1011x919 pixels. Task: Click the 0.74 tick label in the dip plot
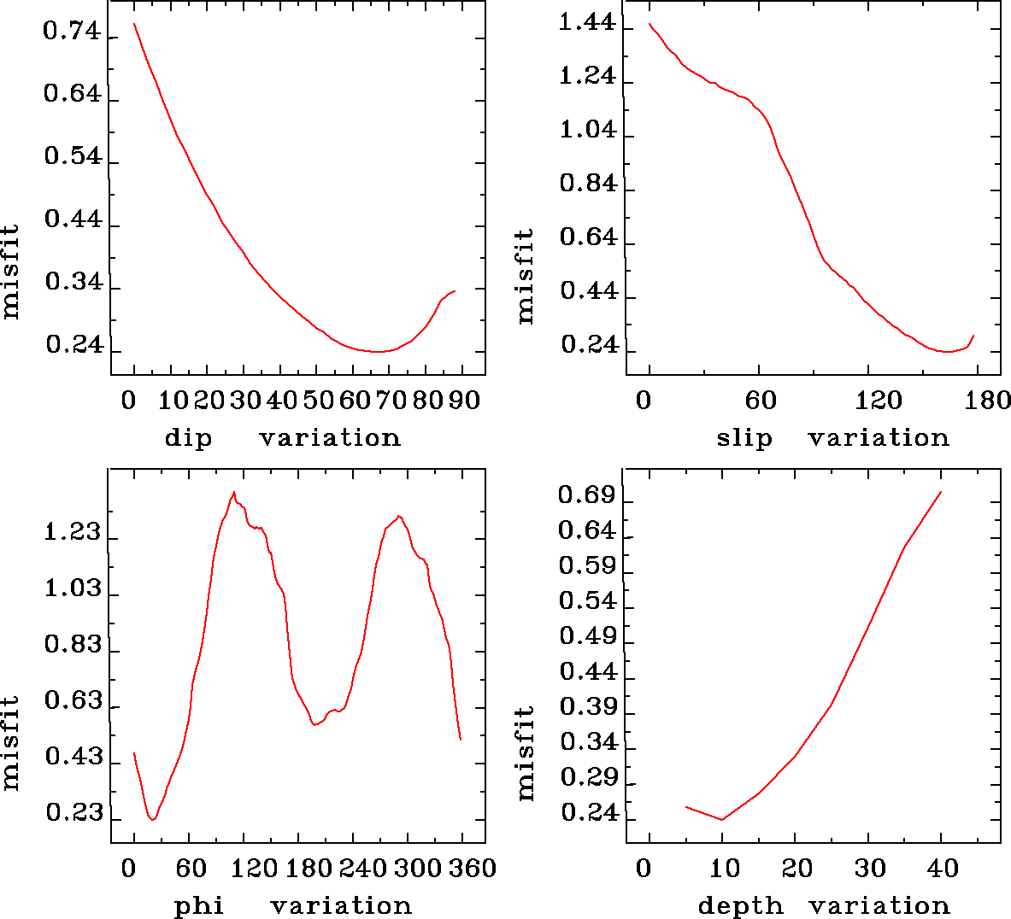tap(72, 33)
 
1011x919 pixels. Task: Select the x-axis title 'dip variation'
tap(282, 438)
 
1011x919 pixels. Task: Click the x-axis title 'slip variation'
tap(832, 438)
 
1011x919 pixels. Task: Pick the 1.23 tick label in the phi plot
tap(72, 534)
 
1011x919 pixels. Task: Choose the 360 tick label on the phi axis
tap(473, 869)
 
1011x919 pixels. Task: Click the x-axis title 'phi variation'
tap(292, 905)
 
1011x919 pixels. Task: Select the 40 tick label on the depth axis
tap(943, 869)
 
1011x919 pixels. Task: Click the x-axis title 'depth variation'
tap(824, 905)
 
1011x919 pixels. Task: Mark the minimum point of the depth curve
tap(722, 820)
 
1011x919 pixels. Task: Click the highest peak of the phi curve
tap(233, 492)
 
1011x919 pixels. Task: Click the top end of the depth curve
tap(941, 492)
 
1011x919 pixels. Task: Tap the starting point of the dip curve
tap(134, 24)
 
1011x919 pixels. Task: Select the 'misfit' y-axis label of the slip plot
tap(525, 275)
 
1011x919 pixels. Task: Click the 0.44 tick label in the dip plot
tap(72, 220)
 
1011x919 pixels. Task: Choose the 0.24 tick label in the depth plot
tap(589, 812)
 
